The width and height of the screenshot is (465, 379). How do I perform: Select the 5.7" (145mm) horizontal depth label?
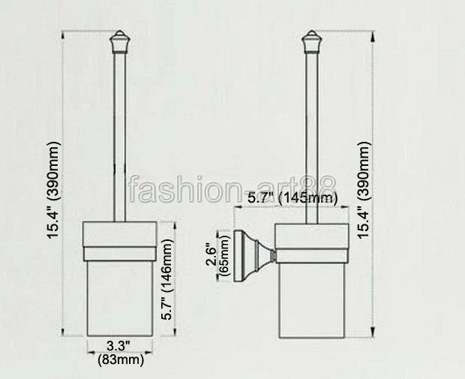pyautogui.click(x=292, y=197)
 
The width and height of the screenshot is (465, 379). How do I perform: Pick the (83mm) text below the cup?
pyautogui.click(x=120, y=360)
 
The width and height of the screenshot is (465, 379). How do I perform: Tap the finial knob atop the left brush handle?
pyautogui.click(x=119, y=41)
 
